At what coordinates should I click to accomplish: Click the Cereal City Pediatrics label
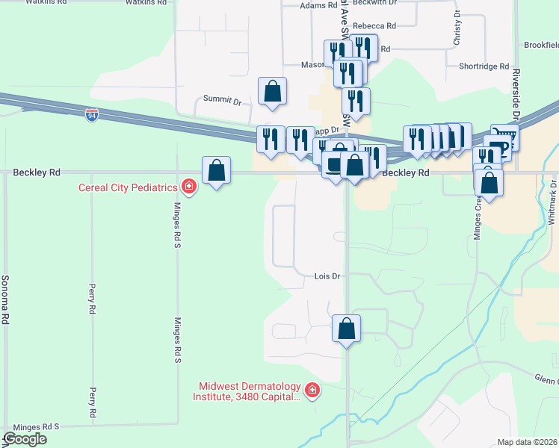[127, 187]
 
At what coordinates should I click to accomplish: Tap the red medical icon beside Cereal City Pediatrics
[189, 186]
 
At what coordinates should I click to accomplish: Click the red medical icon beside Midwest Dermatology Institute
[312, 391]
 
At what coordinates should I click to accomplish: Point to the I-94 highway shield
[91, 116]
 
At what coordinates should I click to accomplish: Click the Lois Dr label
[327, 276]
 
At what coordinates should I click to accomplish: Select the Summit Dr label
[223, 100]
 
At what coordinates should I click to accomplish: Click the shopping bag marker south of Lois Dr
[347, 328]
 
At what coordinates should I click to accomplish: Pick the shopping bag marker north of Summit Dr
[273, 91]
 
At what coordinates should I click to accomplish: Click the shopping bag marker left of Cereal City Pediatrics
[216, 169]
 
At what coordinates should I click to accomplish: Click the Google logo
[25, 439]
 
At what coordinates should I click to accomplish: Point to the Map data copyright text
[527, 442]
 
